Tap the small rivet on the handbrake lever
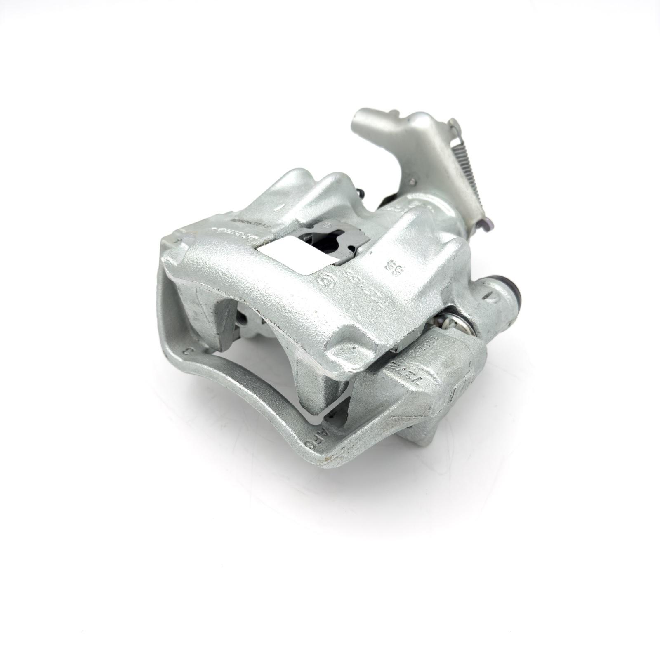411,181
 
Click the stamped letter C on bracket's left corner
187,351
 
